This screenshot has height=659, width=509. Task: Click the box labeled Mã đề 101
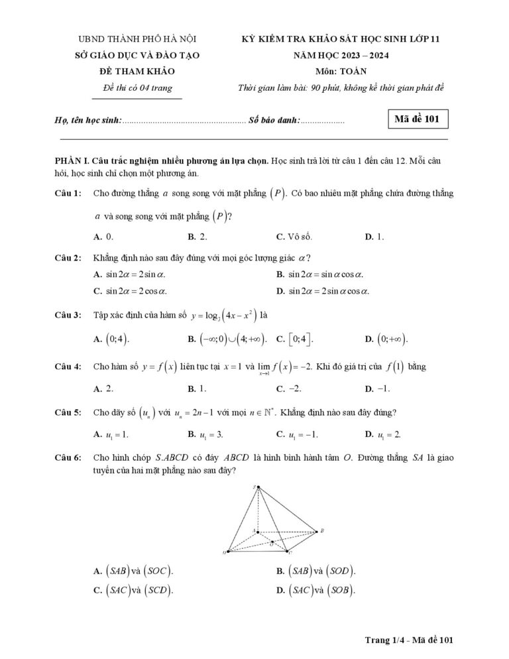point(416,120)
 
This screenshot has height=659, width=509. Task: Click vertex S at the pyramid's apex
point(255,487)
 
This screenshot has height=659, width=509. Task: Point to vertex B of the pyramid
point(320,530)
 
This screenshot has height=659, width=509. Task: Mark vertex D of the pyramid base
point(227,552)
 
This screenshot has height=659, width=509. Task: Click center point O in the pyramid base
point(272,543)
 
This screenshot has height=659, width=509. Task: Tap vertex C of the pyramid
point(288,552)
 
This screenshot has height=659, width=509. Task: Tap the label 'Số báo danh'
point(274,121)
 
